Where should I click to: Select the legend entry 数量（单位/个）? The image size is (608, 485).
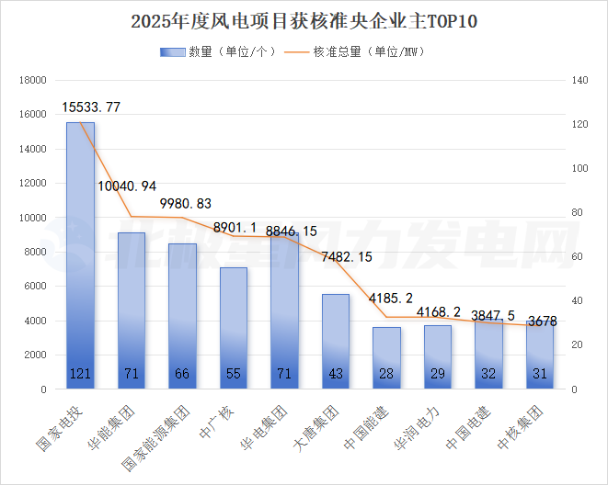219,51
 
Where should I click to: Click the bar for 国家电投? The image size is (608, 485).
80,257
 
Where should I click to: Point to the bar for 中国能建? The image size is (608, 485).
386,358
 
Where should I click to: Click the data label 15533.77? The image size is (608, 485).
91,107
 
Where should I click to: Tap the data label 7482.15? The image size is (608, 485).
346,256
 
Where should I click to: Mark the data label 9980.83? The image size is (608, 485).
186,203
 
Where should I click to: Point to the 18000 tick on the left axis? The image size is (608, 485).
32,81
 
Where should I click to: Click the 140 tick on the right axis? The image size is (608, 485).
579,81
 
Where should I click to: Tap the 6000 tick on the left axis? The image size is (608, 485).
35,287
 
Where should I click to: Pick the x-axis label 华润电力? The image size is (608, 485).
416,428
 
